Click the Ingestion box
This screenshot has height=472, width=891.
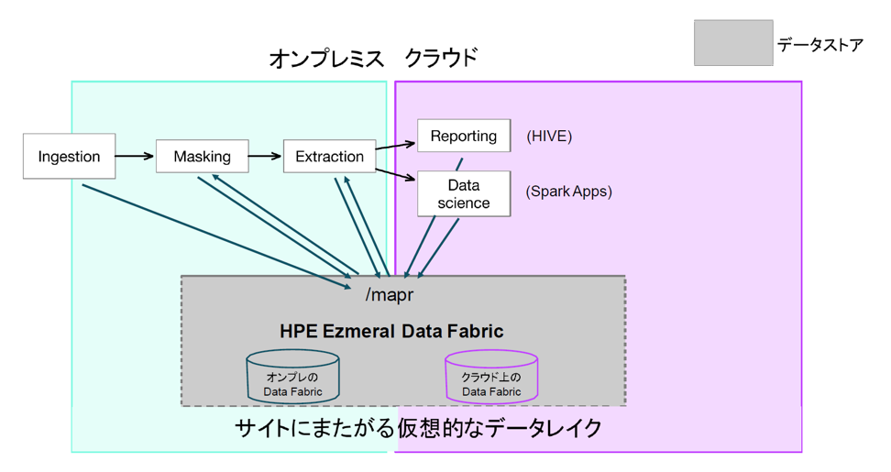[70, 156]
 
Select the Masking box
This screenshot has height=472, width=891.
[203, 156]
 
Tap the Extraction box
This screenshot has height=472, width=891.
[330, 156]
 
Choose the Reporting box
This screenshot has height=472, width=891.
[464, 136]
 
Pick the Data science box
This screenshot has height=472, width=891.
[464, 193]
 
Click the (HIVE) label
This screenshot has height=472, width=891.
[549, 137]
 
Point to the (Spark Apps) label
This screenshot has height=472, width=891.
[569, 192]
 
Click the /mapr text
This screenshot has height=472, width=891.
[390, 295]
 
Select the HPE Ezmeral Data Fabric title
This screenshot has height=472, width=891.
[391, 331]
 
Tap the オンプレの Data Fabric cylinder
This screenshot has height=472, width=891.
[292, 377]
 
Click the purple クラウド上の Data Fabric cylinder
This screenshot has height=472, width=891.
[491, 377]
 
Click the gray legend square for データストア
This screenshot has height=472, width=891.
[733, 42]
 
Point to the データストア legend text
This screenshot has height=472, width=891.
[820, 44]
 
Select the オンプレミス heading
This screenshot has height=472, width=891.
[326, 59]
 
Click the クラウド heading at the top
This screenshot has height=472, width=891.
[441, 58]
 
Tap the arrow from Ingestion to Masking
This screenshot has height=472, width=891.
[135, 156]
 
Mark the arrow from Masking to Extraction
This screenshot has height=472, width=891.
[265, 156]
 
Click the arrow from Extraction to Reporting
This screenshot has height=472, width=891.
[395, 146]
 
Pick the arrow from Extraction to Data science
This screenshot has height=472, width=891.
[395, 174]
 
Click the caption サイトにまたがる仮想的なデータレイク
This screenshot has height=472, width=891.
[418, 428]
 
